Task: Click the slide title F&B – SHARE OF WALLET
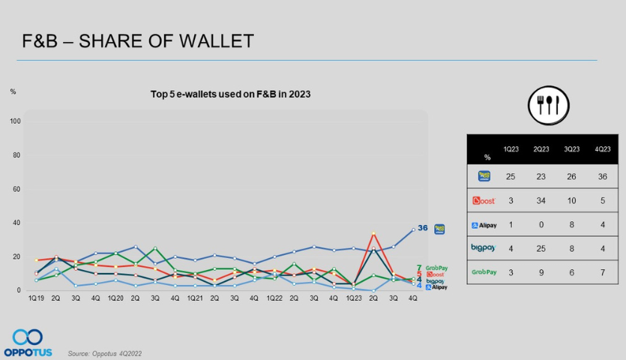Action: tap(138, 40)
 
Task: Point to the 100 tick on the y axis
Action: tap(15, 121)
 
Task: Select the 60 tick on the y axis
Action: tap(16, 189)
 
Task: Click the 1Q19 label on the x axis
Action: tap(34, 298)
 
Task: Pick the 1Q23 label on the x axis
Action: tap(354, 298)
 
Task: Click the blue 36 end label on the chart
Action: tap(422, 228)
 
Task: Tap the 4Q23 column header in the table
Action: tap(603, 148)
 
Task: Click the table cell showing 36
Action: tap(603, 177)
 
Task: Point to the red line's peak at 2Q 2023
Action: tap(373, 233)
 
